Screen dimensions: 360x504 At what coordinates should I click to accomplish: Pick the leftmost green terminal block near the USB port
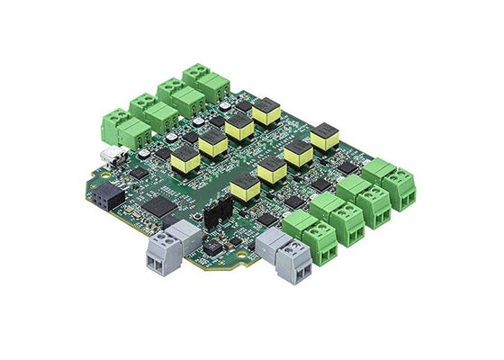click(118, 128)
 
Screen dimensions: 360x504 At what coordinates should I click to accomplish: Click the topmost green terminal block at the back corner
click(205, 83)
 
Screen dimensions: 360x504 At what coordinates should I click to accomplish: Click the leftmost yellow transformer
click(185, 160)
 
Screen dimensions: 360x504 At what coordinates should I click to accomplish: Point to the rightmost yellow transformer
click(324, 139)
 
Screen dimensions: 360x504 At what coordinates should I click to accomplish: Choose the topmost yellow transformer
click(266, 112)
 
